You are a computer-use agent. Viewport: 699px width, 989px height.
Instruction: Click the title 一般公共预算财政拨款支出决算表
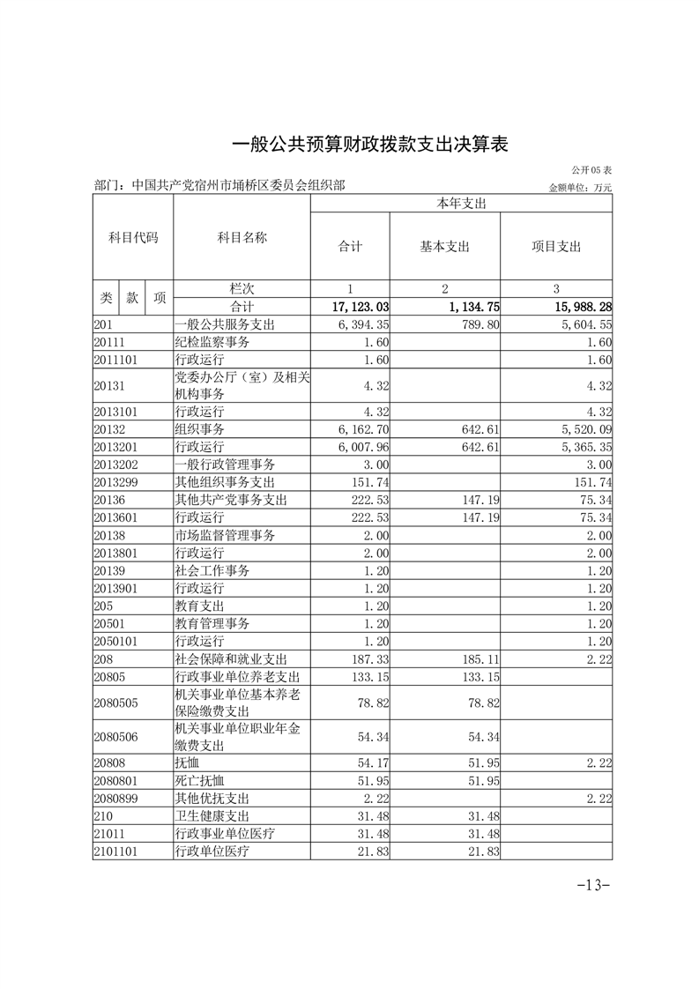click(x=369, y=145)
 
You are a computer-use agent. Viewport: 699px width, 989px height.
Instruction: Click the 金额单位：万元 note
click(x=579, y=188)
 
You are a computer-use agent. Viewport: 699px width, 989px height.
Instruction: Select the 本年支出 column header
click(x=462, y=204)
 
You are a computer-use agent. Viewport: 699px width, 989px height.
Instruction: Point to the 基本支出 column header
click(x=445, y=247)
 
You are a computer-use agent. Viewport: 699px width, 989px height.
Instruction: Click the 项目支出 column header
click(x=556, y=247)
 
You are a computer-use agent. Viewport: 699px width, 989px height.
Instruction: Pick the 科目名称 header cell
click(x=242, y=238)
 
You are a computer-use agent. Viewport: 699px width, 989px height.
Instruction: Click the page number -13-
click(x=593, y=885)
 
